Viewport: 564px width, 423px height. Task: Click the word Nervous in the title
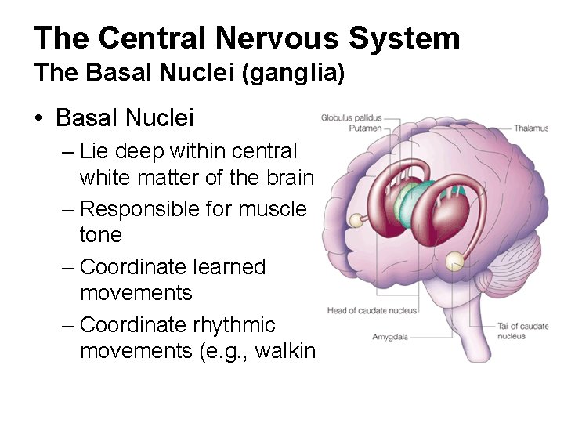coord(275,37)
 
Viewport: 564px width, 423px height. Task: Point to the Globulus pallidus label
coord(346,118)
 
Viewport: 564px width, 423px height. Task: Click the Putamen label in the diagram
coord(364,128)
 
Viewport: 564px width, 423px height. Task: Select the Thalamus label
coord(530,128)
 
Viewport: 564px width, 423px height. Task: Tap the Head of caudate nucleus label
coord(372,311)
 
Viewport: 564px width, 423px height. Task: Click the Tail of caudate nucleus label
coord(522,331)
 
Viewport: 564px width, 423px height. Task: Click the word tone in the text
coord(101,235)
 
